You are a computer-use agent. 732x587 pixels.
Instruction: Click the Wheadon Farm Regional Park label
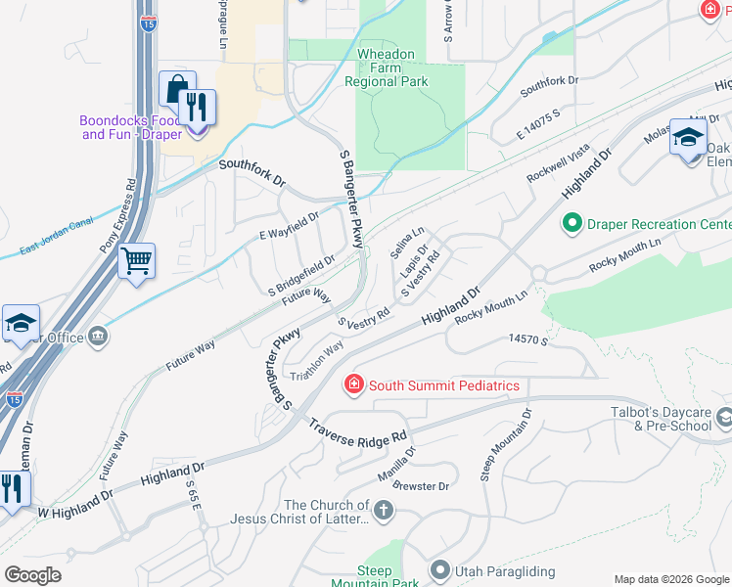tap(386, 68)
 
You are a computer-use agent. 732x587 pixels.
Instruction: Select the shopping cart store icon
tap(137, 260)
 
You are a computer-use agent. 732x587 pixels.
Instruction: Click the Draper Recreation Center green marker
tap(572, 224)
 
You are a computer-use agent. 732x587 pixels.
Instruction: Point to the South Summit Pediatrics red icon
tap(354, 385)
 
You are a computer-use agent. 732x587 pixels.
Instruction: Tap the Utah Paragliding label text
tap(498, 569)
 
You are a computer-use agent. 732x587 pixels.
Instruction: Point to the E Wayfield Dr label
tap(289, 226)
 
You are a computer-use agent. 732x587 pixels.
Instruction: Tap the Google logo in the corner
tap(33, 574)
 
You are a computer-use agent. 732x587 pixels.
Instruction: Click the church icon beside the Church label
tap(383, 509)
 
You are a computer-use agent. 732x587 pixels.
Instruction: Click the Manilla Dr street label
tap(396, 466)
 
